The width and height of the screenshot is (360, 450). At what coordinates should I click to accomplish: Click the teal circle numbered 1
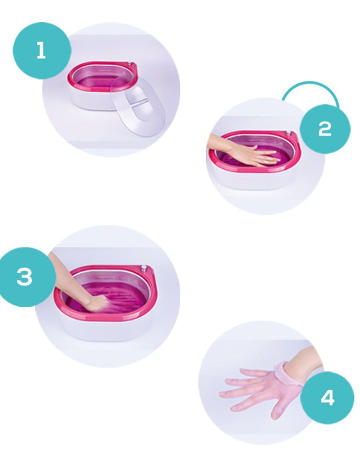click(42, 50)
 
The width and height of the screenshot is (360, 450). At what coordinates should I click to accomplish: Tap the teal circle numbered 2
click(325, 129)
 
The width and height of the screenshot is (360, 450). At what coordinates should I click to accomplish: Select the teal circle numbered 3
click(25, 277)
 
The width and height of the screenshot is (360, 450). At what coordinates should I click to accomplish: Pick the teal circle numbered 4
click(327, 398)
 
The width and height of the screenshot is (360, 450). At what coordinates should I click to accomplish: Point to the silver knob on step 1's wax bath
click(131, 64)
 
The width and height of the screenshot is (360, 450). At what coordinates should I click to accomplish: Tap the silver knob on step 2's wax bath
click(288, 133)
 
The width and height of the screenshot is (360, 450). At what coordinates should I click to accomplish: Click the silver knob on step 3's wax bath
click(143, 269)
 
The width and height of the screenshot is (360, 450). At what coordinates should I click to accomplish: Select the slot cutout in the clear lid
click(137, 100)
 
